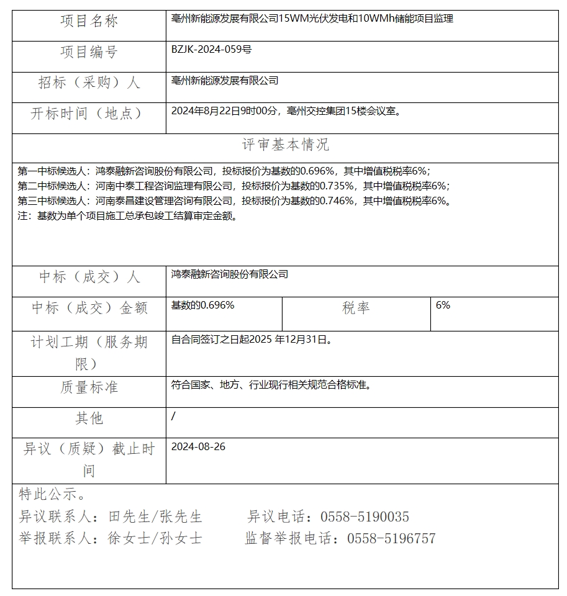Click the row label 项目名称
(89, 21)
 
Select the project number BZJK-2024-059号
(211, 50)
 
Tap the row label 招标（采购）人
(89, 83)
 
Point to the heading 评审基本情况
(285, 145)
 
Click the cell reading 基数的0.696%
(202, 305)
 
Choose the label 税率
(356, 308)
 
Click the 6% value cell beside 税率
(443, 305)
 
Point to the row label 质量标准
(89, 387)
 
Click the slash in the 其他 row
(173, 416)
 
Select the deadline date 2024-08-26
(198, 447)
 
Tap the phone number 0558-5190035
(365, 517)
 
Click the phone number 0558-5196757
(391, 538)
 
